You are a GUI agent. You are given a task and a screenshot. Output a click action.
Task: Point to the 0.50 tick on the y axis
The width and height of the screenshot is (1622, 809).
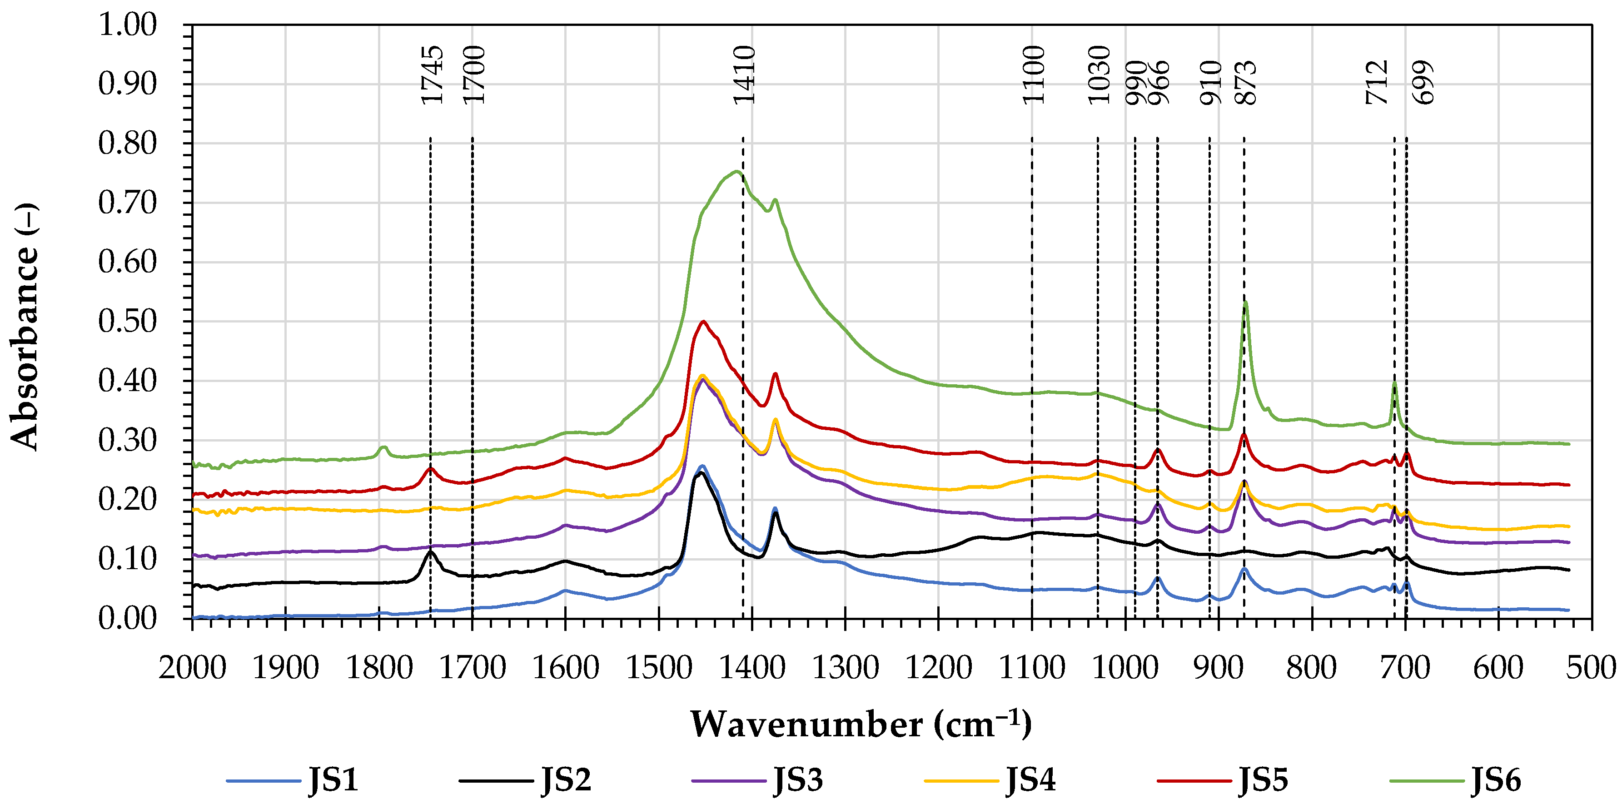127,321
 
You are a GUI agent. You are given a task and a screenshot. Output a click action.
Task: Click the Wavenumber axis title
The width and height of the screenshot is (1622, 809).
860,725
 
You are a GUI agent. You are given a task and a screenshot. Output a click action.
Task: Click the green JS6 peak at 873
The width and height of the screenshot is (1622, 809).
1245,302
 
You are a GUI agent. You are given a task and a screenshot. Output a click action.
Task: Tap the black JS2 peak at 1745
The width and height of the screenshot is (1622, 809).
431,551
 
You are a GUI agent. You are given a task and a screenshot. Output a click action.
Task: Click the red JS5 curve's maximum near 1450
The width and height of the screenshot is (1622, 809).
703,321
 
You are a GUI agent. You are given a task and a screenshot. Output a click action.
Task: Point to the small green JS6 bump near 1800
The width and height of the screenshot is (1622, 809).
383,447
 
